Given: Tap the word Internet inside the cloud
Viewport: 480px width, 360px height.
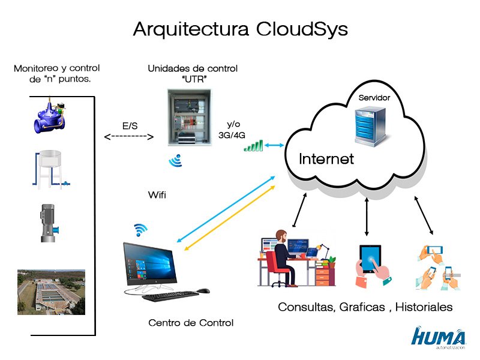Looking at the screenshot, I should [326, 159].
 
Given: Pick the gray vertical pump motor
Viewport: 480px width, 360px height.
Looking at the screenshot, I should [48, 223].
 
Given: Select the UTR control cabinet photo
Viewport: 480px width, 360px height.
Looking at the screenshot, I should [188, 118].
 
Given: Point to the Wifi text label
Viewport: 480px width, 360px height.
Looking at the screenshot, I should [157, 195].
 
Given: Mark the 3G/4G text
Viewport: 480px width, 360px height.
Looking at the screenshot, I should [231, 135].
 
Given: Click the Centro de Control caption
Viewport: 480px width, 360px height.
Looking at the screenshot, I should [191, 323].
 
